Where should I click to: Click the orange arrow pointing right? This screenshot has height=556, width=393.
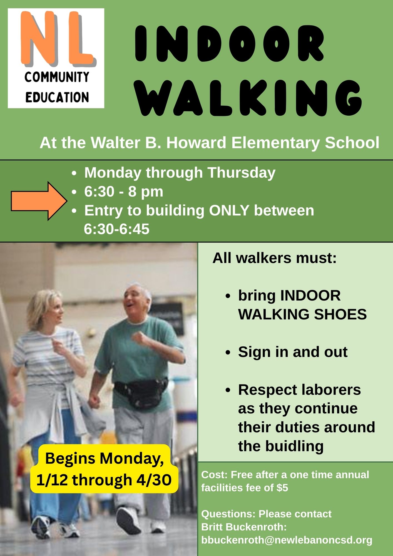click(x=39, y=201)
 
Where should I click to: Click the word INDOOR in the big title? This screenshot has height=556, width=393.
click(x=230, y=43)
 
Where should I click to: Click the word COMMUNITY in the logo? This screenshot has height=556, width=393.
click(x=57, y=77)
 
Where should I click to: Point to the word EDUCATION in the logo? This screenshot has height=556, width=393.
click(x=57, y=97)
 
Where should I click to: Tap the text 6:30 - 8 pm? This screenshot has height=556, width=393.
click(x=124, y=192)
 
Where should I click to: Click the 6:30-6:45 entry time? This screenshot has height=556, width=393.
click(x=117, y=229)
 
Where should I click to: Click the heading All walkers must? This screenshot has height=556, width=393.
click(x=275, y=258)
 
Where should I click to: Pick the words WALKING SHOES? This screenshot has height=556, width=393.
click(x=302, y=314)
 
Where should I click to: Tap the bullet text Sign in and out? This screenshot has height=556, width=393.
click(x=293, y=352)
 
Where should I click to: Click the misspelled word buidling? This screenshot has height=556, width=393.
click(x=295, y=446)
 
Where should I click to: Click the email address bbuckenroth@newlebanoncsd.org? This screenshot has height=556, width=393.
click(x=287, y=540)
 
